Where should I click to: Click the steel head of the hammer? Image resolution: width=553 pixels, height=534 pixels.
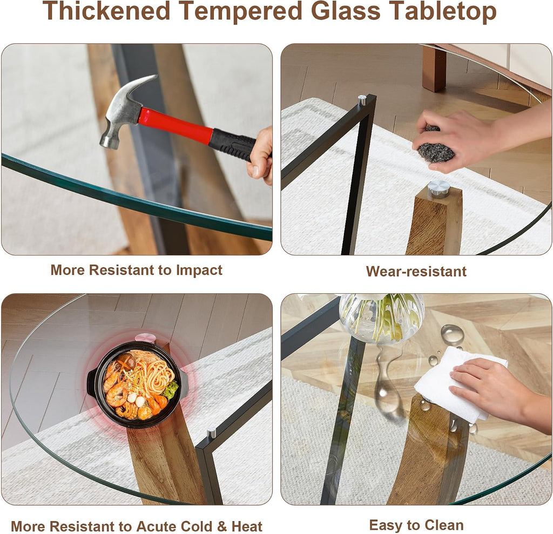tap(124, 110)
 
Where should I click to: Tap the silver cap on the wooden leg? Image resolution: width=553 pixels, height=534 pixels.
tap(439, 189)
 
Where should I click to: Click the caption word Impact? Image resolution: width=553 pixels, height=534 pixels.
tap(199, 270)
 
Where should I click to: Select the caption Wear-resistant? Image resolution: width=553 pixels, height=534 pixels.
tap(416, 271)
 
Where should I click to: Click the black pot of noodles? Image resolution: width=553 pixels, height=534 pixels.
tap(138, 384)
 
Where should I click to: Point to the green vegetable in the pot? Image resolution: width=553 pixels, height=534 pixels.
tap(170, 390)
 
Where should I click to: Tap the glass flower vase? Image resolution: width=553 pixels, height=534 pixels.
tap(382, 318)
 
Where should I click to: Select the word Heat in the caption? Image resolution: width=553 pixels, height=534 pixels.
tap(247, 526)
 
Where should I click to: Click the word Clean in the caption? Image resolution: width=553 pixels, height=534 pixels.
tap(444, 525)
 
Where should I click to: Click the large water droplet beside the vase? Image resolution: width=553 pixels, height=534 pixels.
tap(452, 334)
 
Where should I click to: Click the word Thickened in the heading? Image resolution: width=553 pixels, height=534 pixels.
tap(106, 12)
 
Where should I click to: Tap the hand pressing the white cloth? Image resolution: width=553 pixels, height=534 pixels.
tap(494, 391)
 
